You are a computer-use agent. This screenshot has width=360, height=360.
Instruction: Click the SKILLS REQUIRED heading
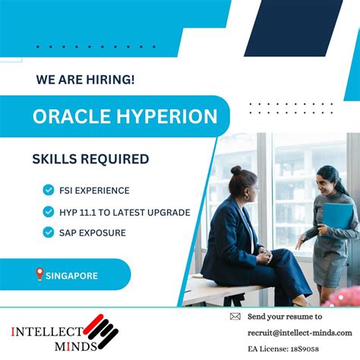90,159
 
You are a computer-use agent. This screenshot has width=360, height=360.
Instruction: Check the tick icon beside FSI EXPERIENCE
49,191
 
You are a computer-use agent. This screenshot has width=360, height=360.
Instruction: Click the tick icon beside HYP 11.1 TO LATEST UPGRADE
49,212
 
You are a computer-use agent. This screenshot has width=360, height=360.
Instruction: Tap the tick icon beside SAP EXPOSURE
49,232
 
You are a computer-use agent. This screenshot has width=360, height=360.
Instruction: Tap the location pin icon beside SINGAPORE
39,275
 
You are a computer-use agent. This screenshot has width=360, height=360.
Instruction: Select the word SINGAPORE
72,276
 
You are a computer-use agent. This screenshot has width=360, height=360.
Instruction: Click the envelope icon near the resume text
235,317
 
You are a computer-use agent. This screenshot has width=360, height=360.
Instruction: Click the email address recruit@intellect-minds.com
299,332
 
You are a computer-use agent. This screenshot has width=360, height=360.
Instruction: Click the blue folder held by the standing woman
338,216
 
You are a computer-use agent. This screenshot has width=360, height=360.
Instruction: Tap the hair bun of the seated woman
236,170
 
